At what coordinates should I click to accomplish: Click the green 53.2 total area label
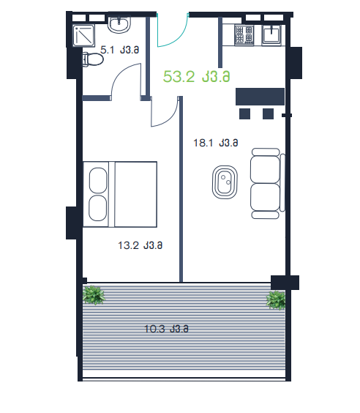pos(196,77)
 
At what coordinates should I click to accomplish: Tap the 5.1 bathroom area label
pos(120,50)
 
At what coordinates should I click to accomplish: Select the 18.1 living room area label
pos(216,143)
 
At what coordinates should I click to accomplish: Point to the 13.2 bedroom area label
pos(140,245)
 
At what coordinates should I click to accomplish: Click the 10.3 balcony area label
pos(166,329)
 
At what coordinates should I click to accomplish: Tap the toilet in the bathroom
pos(93,59)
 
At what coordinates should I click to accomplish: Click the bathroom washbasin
pos(119,25)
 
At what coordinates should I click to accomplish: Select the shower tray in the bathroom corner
pos(83,36)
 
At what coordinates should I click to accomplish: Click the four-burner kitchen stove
pos(244,34)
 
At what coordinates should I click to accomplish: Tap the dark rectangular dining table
pos(260,97)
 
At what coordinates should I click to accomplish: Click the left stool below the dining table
pos(244,114)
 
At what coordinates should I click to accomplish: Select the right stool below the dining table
pos(268,114)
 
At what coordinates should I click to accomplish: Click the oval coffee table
pos(225,182)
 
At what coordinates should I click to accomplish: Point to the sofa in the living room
pos(268,183)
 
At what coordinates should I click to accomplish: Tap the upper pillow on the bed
pos(98,180)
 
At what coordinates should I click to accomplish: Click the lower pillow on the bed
pos(98,208)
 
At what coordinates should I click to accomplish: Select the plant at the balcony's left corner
pos(94,295)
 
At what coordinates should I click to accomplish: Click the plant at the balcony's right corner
pos(276,300)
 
